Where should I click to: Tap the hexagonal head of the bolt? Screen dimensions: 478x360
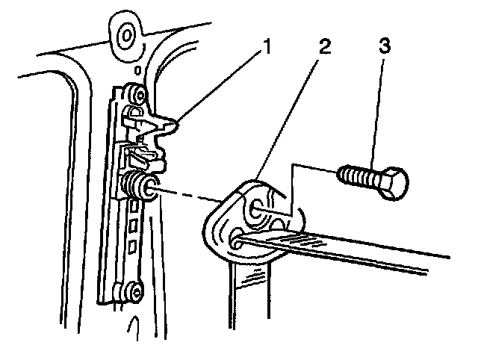[394, 182]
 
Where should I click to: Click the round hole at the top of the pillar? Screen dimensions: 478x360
[125, 35]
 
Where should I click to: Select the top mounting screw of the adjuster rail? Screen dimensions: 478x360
[134, 94]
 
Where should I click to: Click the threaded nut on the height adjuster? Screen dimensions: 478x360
[137, 184]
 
